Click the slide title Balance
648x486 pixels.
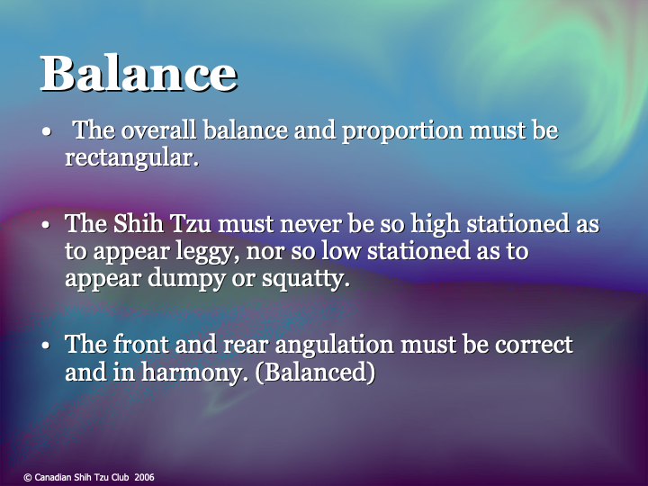point(138,73)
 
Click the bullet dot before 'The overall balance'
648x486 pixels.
point(46,132)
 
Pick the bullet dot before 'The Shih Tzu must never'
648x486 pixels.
point(46,225)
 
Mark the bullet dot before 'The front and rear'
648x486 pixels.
point(46,346)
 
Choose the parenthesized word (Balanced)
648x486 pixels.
point(315,373)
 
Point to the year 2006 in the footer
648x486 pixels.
point(144,477)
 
